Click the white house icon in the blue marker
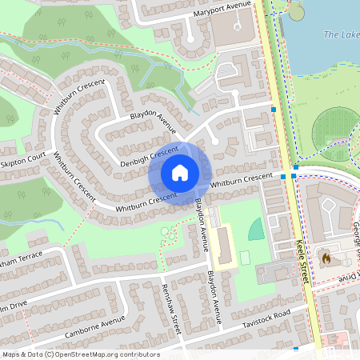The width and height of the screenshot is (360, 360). [x=180, y=173]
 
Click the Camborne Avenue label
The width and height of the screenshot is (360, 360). [x=97, y=323]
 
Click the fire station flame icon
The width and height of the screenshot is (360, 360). [x=325, y=258]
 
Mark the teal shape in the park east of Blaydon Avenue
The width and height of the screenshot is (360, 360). [x=256, y=230]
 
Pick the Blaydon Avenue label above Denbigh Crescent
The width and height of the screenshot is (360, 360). [x=153, y=122]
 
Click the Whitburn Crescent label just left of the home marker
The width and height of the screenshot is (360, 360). [x=145, y=202]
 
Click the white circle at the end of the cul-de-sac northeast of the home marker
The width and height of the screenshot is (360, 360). [x=214, y=142]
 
